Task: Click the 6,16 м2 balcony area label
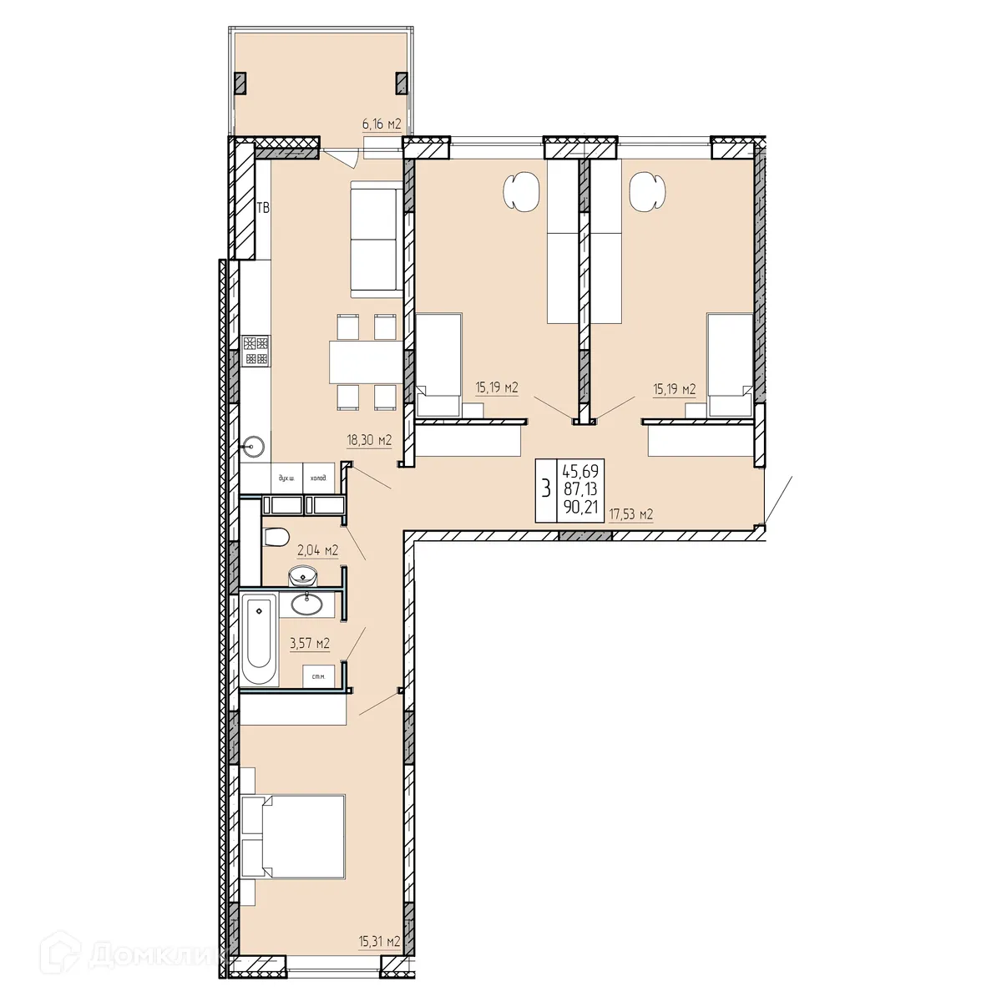pyautogui.click(x=382, y=124)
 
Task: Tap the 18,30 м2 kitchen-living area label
pyautogui.click(x=370, y=439)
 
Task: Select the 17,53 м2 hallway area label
pyautogui.click(x=630, y=515)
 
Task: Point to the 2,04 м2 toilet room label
pyautogui.click(x=317, y=549)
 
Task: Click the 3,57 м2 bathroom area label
pyautogui.click(x=309, y=643)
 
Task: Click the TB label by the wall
pyautogui.click(x=263, y=208)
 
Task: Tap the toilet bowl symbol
pyautogui.click(x=275, y=537)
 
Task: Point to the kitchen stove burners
pyautogui.click(x=256, y=351)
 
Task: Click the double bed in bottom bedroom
pyautogui.click(x=294, y=837)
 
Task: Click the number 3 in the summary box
pyautogui.click(x=546, y=489)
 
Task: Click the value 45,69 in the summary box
pyautogui.click(x=581, y=472)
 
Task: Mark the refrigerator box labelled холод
pyautogui.click(x=318, y=478)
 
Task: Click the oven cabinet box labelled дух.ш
pyautogui.click(x=286, y=478)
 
